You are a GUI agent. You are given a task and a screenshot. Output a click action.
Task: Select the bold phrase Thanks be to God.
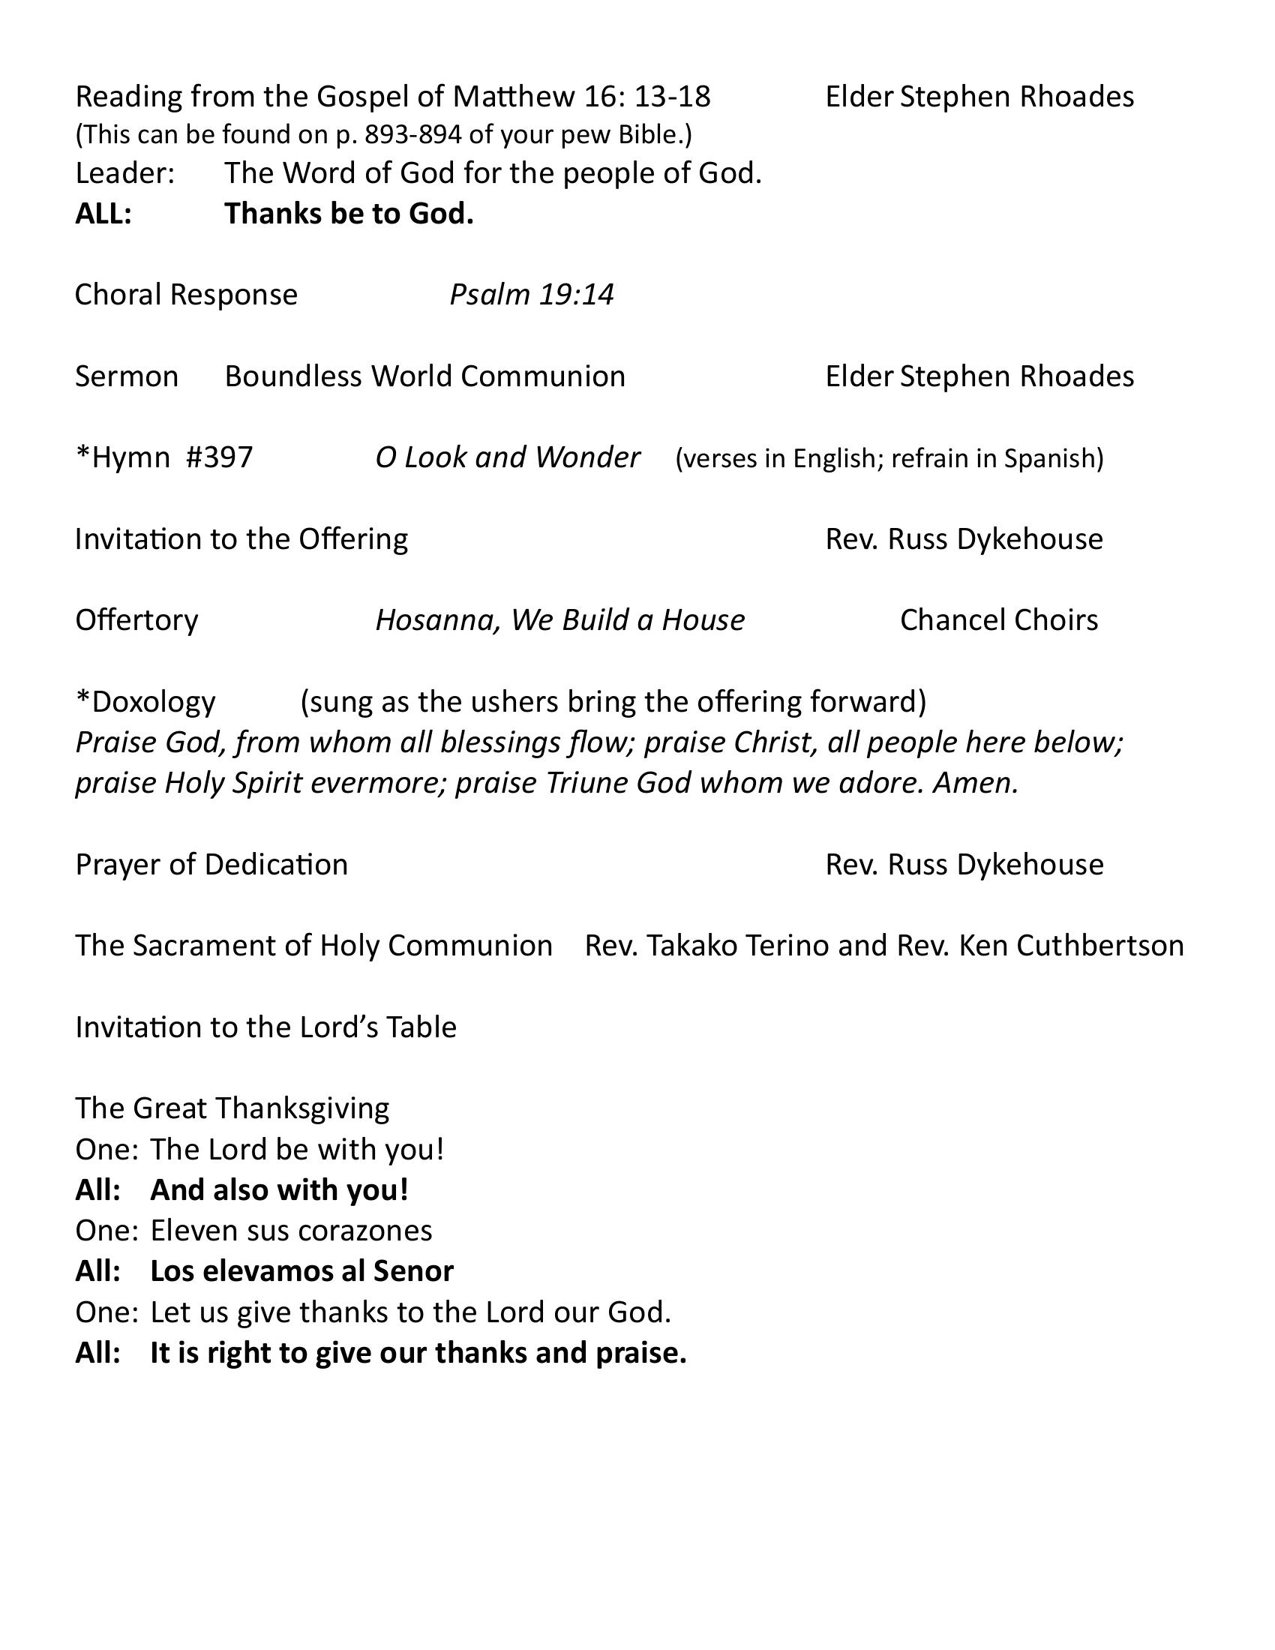point(349,214)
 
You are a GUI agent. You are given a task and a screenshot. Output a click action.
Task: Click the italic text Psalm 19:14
point(532,294)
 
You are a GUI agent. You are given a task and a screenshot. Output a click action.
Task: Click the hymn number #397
point(219,457)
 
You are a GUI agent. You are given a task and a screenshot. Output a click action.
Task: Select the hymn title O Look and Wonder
point(508,457)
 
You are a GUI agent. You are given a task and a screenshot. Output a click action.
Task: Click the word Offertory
point(136,619)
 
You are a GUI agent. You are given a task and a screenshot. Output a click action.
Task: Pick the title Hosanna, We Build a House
point(559,619)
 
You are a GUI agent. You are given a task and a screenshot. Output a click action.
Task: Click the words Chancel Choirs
point(998,619)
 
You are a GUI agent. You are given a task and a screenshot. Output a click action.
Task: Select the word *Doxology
point(145,701)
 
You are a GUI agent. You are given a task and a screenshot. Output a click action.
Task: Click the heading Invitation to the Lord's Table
point(266,1027)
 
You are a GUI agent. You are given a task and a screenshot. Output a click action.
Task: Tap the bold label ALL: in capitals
point(103,214)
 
